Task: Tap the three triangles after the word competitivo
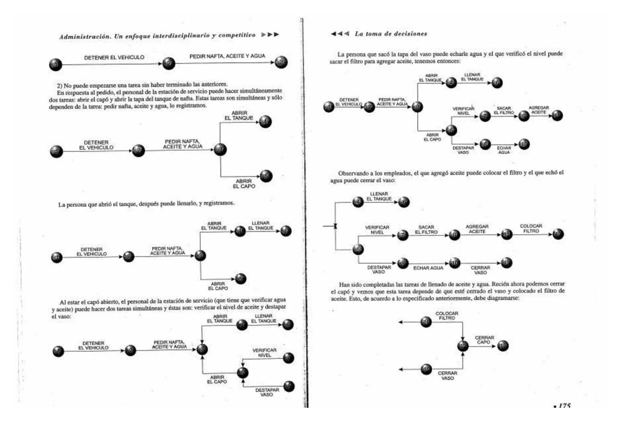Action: click(270, 35)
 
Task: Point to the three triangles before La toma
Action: click(340, 34)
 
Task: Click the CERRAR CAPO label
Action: click(484, 339)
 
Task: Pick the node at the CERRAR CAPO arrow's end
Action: click(503, 346)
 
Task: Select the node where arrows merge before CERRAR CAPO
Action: click(463, 346)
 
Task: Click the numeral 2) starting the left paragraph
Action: click(60, 86)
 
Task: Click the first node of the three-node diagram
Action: click(55, 64)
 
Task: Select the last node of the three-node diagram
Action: click(281, 62)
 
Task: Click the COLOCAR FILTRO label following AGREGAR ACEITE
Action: click(531, 229)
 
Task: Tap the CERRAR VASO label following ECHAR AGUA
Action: click(480, 270)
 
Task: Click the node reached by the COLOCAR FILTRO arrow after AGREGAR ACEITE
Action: click(558, 234)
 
